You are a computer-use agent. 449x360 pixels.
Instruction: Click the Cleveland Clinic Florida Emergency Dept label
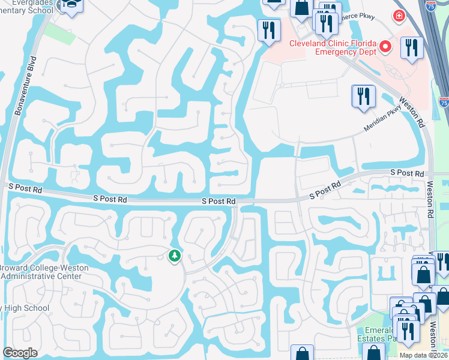pos(333,47)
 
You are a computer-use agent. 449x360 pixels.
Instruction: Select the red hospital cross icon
pos(398,16)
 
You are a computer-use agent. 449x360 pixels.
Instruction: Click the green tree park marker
pos(174,256)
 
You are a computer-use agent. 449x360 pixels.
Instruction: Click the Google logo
pos(20,353)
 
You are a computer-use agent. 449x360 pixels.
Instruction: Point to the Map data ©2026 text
pos(423,355)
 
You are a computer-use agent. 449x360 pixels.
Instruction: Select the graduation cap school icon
pos(71,5)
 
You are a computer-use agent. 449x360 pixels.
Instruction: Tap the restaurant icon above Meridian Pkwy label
pos(363,97)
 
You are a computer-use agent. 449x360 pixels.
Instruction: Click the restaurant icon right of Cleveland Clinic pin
pos(412,48)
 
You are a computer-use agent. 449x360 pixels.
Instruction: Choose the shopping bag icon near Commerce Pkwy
pos(301,8)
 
